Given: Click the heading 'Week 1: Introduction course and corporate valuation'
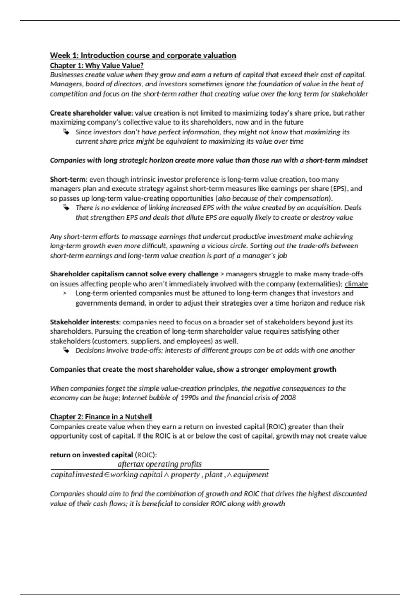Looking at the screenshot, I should tap(143, 55).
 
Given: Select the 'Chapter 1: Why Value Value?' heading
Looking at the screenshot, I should tap(97, 65).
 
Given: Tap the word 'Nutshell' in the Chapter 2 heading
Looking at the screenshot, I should tap(138, 417).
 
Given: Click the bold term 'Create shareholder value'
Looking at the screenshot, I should tap(90, 113).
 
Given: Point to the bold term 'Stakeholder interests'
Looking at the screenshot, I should tap(84, 322).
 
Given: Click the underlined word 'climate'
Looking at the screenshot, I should tap(356, 284).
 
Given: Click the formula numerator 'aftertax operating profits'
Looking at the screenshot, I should tap(160, 464).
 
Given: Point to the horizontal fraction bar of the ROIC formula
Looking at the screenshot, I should tap(160, 470).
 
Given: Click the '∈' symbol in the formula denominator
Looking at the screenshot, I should tap(107, 475).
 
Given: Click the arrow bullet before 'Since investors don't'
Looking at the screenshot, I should tap(66, 132).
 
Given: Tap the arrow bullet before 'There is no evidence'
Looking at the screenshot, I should tap(66, 208).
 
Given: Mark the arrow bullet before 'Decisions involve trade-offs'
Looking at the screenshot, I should tap(66, 350).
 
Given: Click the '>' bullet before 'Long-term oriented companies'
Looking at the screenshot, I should tap(65, 293).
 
